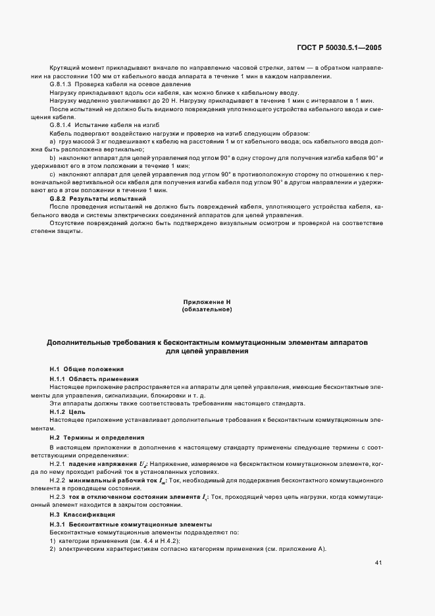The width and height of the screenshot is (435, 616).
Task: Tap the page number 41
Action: (x=378, y=563)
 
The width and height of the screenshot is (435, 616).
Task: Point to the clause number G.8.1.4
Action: (x=63, y=124)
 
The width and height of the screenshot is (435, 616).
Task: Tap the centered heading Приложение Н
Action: (x=207, y=301)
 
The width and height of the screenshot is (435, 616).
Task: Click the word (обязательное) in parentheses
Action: (x=207, y=309)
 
